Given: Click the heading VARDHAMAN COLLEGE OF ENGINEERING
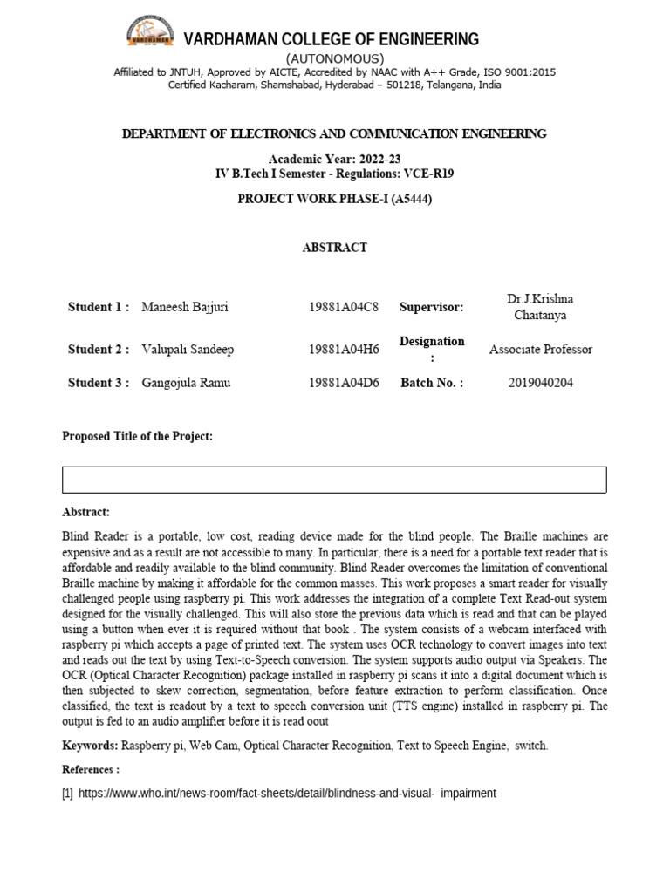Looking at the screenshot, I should (x=331, y=39).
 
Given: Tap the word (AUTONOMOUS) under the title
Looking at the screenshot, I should (x=335, y=58).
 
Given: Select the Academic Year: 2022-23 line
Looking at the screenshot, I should (x=334, y=160).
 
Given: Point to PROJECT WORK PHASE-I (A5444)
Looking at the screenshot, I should (x=335, y=199).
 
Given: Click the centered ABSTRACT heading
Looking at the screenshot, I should (x=335, y=248).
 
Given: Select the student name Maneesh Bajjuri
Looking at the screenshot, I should (x=185, y=307).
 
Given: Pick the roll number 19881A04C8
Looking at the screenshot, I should (x=344, y=307).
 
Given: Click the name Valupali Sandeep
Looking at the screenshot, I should (x=188, y=350).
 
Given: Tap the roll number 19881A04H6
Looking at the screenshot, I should (x=344, y=350).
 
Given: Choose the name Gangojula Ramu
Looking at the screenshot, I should (x=187, y=383).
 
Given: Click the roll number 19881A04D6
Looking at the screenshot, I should (x=344, y=383).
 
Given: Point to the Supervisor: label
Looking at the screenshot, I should (x=432, y=307).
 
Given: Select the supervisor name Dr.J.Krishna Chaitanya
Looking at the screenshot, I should (x=540, y=307).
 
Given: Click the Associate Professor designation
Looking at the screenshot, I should (x=540, y=350).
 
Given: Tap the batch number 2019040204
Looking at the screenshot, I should (x=540, y=383).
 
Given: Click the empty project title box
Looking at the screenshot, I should (x=334, y=480).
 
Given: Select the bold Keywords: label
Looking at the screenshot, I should (x=90, y=746).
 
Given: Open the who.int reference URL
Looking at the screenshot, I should (x=287, y=794).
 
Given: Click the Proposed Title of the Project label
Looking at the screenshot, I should (x=137, y=436).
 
